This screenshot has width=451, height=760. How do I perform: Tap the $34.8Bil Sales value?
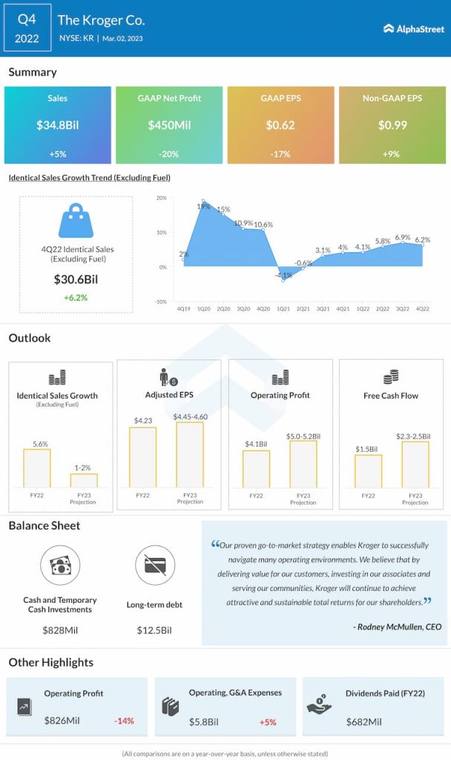pos(57,125)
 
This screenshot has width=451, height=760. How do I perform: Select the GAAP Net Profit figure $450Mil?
pos(169,125)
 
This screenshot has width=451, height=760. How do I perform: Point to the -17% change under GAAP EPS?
pos(280,154)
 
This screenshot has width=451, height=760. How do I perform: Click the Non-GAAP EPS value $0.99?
pos(392,125)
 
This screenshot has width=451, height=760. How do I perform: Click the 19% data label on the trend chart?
pos(203,206)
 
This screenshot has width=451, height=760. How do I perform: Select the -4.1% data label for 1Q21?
pos(283,275)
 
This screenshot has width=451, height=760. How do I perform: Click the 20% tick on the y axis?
pos(160,199)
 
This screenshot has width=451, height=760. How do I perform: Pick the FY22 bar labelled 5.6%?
pos(37,468)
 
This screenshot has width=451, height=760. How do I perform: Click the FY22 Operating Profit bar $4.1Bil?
pos(256,469)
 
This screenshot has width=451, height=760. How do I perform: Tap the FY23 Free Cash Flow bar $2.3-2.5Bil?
pos(415,465)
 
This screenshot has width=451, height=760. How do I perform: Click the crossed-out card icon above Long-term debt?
pos(155,566)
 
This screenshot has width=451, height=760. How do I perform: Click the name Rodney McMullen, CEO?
pos(398,626)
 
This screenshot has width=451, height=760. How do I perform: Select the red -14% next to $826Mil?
pos(124,721)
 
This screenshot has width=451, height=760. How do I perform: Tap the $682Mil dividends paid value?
pos(365,721)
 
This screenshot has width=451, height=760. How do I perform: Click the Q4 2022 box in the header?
pos(27,28)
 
